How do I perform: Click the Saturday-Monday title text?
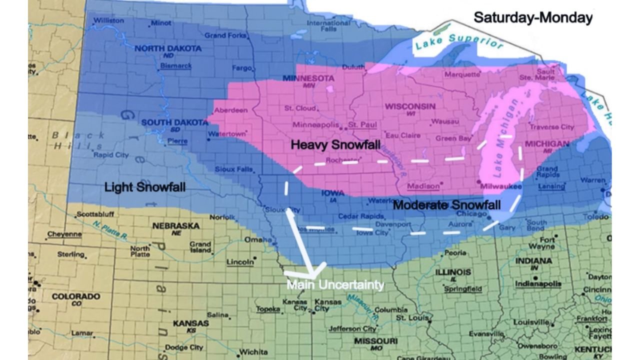[533, 18]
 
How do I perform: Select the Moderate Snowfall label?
[446, 205]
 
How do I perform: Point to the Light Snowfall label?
[145, 187]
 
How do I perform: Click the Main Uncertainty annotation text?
[335, 285]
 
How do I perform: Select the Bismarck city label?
[176, 65]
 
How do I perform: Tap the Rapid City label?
[111, 155]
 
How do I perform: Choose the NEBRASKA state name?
[175, 226]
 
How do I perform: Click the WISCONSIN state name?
[409, 106]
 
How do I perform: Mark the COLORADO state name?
[75, 296]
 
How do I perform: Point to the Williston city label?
[108, 20]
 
